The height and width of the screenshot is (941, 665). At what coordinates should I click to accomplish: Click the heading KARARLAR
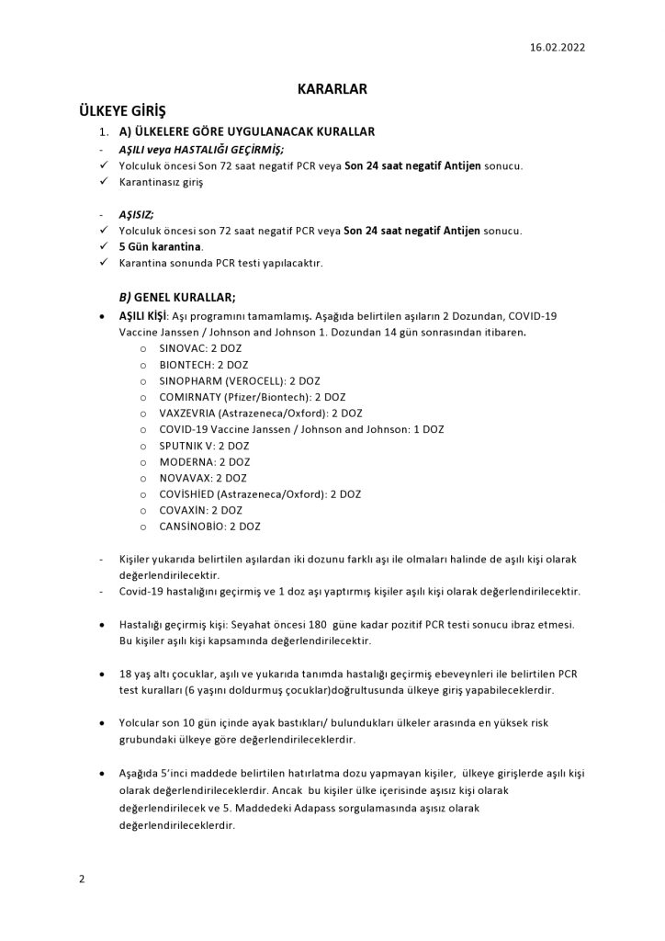point(332,90)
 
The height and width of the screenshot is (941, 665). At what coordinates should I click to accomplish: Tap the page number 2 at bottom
point(82,879)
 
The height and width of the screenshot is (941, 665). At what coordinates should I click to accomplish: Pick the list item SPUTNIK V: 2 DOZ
point(204,445)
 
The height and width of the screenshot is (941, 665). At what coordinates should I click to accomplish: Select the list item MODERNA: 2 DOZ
point(204,461)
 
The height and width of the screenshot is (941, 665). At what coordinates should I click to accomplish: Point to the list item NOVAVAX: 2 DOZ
point(203,478)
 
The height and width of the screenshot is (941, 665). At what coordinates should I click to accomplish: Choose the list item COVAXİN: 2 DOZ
point(201,510)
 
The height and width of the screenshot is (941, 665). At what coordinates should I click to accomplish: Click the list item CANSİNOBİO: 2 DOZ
point(209,527)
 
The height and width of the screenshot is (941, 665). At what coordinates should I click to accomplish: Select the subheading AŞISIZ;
point(136,213)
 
